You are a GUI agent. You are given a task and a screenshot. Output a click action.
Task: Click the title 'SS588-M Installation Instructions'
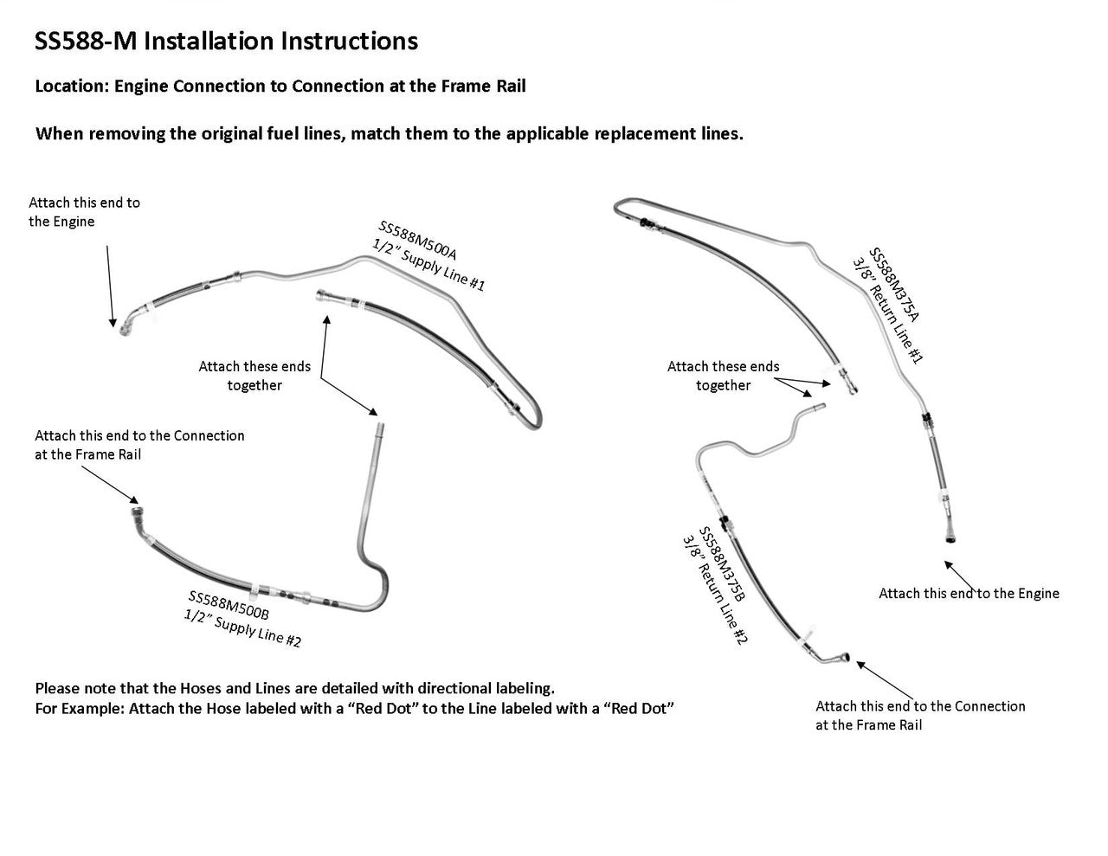pos(226,41)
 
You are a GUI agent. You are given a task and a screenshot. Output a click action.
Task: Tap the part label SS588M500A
pos(419,241)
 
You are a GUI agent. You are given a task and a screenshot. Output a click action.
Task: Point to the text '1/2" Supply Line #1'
pos(428,265)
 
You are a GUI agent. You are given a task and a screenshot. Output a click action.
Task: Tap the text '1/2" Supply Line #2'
pos(242,628)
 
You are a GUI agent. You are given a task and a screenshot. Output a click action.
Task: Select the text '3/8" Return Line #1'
pos(887,309)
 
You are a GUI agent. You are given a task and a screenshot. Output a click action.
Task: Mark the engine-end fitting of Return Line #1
pos(950,537)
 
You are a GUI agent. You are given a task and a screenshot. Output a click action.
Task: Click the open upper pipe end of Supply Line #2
pos(380,426)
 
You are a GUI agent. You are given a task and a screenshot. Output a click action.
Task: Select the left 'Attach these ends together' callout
pos(254,376)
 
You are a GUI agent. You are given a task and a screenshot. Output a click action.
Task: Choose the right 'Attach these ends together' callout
pos(723,376)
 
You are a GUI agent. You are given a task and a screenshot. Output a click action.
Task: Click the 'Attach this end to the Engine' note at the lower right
pos(969,593)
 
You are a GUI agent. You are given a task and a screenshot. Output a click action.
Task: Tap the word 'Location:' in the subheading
pos(72,86)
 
